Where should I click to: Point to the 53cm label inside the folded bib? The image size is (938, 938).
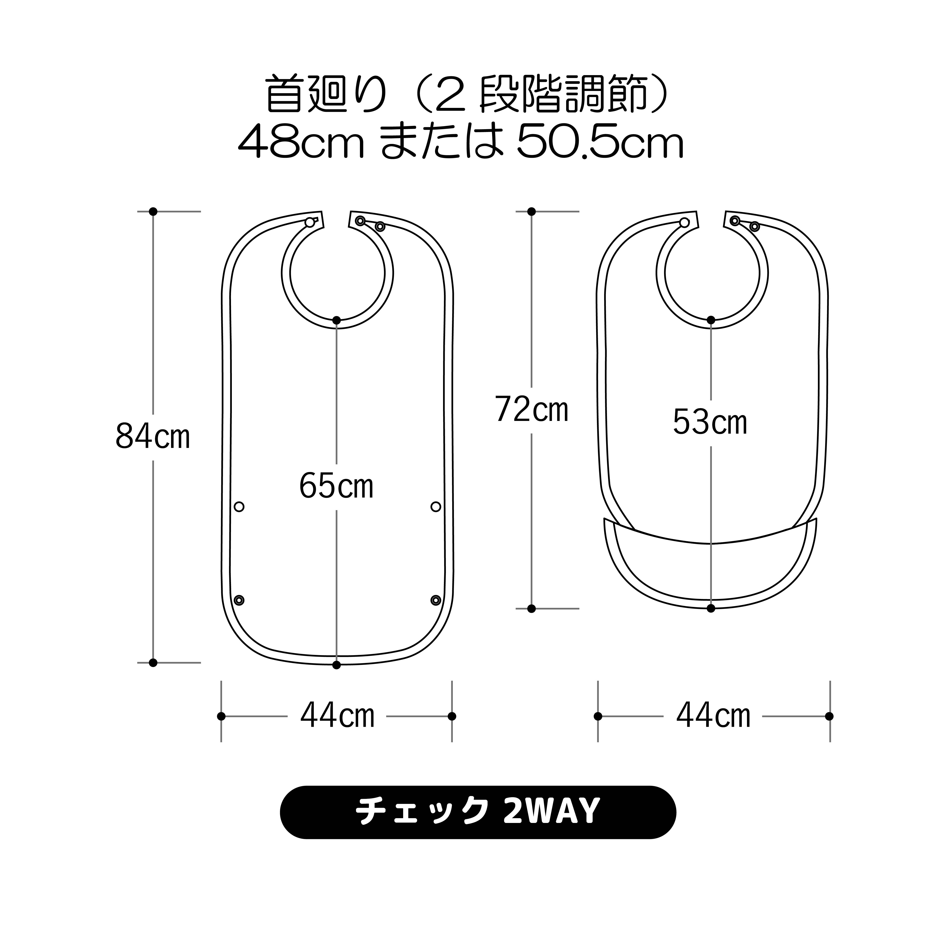click(710, 422)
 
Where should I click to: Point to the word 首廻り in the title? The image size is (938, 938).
click(326, 94)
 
